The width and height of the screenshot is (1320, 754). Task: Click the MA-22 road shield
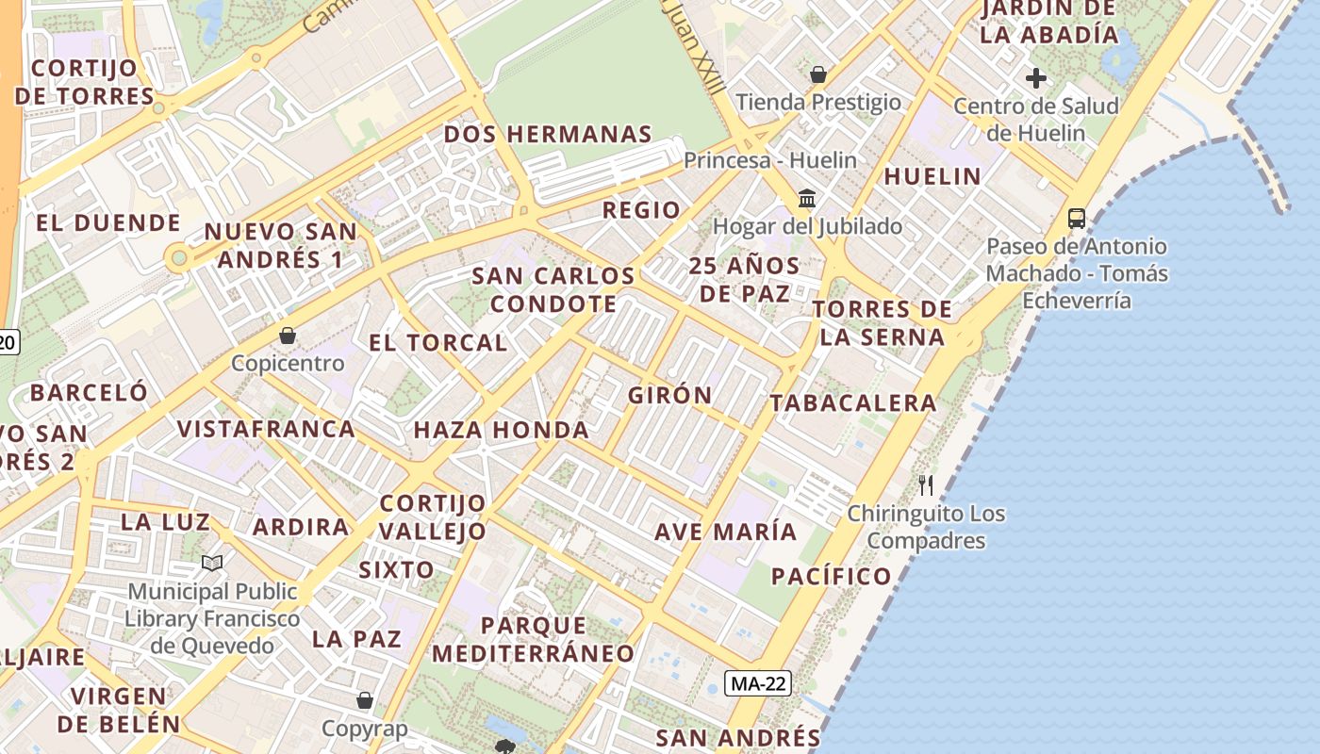click(757, 683)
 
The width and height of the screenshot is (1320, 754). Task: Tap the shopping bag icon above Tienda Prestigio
click(818, 74)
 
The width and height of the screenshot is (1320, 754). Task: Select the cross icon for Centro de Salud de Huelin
click(1035, 78)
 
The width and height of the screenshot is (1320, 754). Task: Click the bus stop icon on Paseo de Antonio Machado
click(1076, 219)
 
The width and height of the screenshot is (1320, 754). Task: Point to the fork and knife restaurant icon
click(926, 485)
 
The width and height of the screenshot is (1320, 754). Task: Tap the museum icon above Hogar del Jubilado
click(807, 199)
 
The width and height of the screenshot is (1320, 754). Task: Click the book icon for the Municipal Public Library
click(212, 564)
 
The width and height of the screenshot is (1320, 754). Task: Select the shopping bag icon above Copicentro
click(288, 336)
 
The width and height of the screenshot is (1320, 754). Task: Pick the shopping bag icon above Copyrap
click(365, 700)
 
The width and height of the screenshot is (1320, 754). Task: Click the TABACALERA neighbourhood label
click(853, 403)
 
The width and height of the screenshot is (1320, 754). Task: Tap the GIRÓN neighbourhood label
click(670, 395)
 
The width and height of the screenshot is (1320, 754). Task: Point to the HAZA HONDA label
click(501, 431)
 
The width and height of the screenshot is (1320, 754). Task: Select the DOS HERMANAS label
click(548, 134)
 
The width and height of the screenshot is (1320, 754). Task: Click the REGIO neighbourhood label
click(641, 210)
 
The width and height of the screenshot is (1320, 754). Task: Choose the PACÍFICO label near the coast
click(831, 576)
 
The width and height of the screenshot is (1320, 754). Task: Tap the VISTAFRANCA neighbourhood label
click(266, 429)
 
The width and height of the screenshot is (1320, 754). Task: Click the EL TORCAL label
click(437, 342)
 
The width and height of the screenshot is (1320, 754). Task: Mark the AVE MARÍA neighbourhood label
click(726, 532)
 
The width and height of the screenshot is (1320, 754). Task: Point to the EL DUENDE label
click(107, 223)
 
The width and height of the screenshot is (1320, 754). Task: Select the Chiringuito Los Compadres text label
click(926, 527)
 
